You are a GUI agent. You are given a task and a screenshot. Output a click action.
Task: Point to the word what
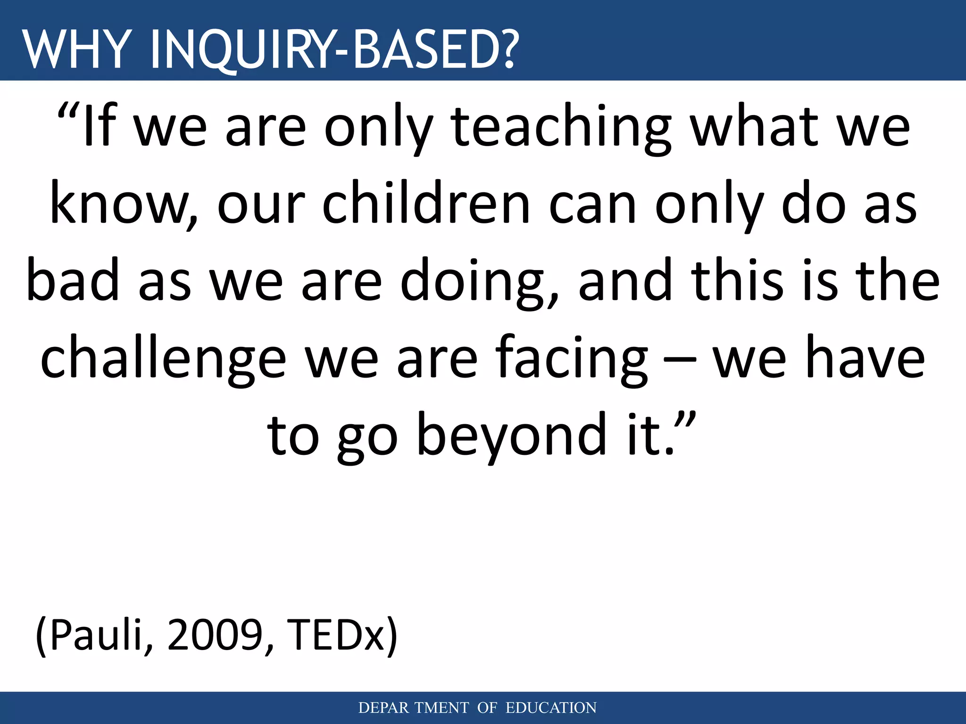(754, 127)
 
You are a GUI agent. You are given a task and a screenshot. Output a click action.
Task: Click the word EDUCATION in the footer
(551, 708)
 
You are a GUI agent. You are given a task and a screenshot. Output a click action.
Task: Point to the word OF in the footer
(487, 708)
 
